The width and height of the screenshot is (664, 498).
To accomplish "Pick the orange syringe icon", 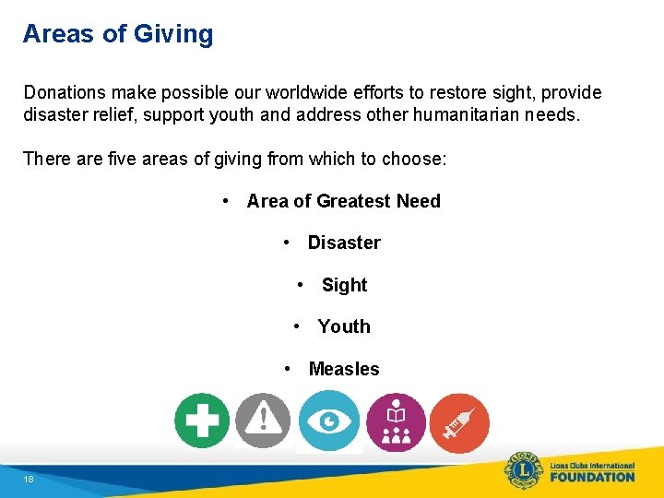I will [x=459, y=423].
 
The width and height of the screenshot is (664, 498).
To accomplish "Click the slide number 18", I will [x=29, y=480].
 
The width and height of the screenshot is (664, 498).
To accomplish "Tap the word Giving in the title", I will [x=173, y=34].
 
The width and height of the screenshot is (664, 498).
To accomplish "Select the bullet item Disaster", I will [x=344, y=243].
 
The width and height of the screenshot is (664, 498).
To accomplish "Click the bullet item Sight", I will [x=344, y=285].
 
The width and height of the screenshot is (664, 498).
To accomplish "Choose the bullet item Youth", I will [x=344, y=326].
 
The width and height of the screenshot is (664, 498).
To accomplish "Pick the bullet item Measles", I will [x=344, y=369].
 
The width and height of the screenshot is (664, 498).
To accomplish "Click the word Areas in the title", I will [x=57, y=34].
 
